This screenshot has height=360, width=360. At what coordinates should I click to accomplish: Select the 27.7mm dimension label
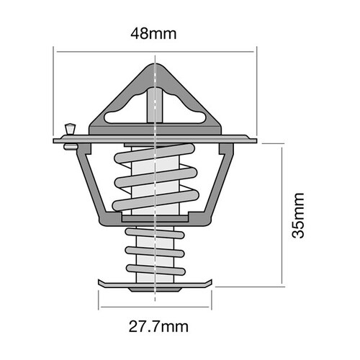click(156, 327)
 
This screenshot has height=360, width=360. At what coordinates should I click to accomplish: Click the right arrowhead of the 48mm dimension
click(253, 51)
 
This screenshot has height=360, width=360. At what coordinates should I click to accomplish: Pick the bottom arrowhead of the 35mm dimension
click(282, 283)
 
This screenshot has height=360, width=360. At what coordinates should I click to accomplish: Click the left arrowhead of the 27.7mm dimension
click(101, 305)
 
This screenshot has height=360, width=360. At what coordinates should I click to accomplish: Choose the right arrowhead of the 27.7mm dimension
click(212, 305)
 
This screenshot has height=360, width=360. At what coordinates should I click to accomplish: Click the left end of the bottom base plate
click(99, 282)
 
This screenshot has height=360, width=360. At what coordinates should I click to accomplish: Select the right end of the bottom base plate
click(213, 282)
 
